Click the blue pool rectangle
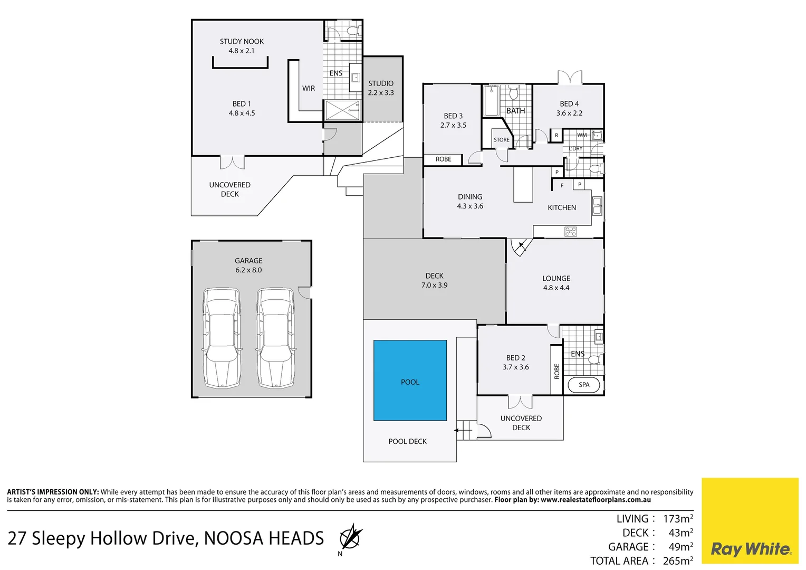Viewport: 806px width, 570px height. point(410,380)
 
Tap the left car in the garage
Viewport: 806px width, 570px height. point(222,338)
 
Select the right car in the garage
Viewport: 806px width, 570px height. point(275,338)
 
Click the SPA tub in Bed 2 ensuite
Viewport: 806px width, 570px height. point(584,385)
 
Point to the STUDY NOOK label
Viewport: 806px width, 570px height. point(242,42)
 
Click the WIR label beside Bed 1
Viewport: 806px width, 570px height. point(309,89)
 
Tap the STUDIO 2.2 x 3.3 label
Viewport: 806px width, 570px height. point(381,88)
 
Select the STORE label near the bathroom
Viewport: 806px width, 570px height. point(502,140)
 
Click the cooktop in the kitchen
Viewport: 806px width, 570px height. point(571,231)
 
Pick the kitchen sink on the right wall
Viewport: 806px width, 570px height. point(597,206)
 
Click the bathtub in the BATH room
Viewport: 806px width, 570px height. point(492,101)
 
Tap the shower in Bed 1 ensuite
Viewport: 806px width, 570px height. point(342,111)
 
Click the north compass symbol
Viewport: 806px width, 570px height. point(350,538)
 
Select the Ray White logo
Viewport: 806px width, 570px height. point(750,549)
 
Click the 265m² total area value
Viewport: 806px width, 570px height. point(678,560)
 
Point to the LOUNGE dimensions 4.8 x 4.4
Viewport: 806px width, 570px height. point(556,288)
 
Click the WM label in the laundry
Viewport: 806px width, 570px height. point(582,135)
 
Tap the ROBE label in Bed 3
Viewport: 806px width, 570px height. point(443,159)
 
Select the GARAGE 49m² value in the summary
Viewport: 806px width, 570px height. point(680,547)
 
